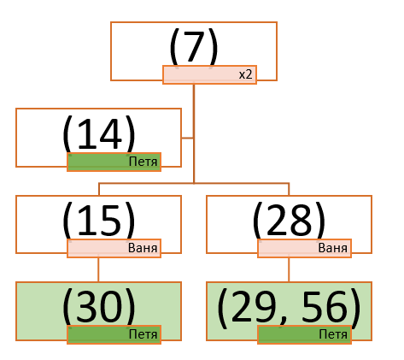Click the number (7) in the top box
(x=194, y=47)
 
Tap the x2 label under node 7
(x=245, y=74)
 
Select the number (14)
(x=98, y=134)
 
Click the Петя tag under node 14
(x=143, y=162)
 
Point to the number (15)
(x=98, y=221)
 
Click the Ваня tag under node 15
(x=143, y=248)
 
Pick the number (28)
(x=289, y=221)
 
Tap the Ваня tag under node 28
(x=333, y=248)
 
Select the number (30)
(x=98, y=307)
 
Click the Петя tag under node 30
(x=143, y=334)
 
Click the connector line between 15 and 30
(x=98, y=269)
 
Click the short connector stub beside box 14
(x=188, y=138)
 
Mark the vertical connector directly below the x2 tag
(x=194, y=133)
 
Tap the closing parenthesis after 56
(x=355, y=309)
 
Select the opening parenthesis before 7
(x=174, y=47)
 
